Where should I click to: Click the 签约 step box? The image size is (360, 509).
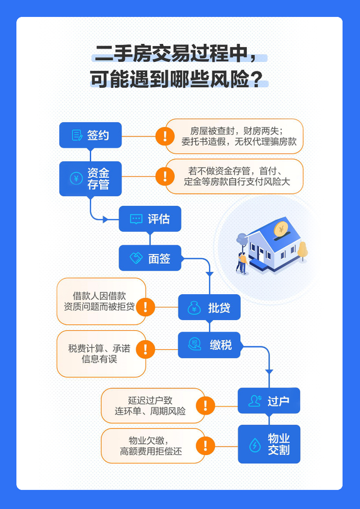91,135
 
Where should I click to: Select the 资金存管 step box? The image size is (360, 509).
91,178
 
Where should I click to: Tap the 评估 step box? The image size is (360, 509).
150,219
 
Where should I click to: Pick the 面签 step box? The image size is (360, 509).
150,258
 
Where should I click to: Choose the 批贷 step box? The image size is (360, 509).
209,307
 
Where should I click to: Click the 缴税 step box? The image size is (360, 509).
209,345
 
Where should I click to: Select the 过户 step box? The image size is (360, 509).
268,400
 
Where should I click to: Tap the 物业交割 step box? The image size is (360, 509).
268,444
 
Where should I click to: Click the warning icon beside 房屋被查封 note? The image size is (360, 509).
165,136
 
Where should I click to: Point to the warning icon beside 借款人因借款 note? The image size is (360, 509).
145,307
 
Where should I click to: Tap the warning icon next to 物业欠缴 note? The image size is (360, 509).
205,446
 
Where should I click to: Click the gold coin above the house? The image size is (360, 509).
281,229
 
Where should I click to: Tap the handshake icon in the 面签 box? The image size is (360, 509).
136,258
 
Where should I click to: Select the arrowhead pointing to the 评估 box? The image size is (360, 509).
105,219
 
